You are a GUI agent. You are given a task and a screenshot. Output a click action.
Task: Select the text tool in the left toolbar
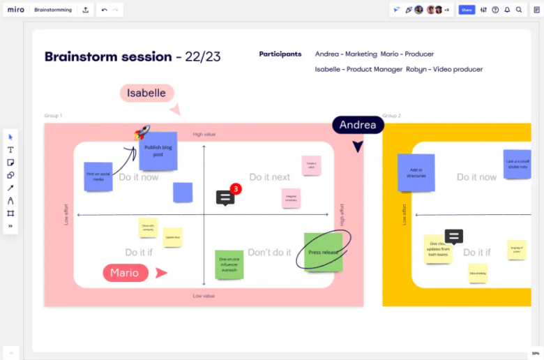[10, 149]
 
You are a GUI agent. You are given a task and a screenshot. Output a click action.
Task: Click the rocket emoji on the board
[142, 133]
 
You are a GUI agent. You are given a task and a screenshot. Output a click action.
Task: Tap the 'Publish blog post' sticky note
[158, 152]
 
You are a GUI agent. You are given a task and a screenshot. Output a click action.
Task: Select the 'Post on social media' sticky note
[98, 176]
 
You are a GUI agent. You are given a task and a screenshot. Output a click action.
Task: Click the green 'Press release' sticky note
[324, 253]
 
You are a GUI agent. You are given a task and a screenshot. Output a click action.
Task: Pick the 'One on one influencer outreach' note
[229, 264]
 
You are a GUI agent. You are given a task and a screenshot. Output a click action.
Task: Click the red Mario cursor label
[126, 273]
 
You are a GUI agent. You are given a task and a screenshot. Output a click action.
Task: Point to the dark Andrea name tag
[358, 126]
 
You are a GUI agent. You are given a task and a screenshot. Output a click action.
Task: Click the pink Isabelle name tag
[146, 93]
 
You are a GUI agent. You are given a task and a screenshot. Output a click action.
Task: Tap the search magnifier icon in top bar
[519, 10]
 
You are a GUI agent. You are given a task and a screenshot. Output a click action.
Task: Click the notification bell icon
[507, 10]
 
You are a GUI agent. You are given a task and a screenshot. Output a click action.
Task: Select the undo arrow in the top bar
[104, 10]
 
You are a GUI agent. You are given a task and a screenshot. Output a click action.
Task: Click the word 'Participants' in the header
[280, 54]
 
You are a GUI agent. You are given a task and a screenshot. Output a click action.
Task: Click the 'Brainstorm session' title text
[108, 57]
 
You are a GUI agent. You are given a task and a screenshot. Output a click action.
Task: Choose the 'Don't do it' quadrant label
[269, 252]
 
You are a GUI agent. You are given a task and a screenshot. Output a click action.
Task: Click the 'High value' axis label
[204, 134]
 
